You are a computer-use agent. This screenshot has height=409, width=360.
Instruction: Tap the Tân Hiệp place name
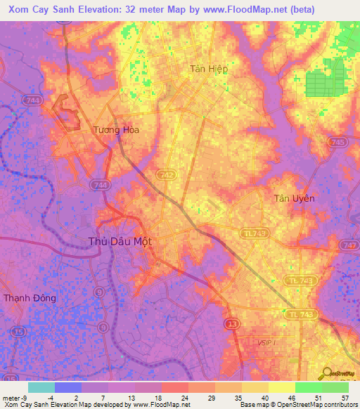pyautogui.click(x=209, y=69)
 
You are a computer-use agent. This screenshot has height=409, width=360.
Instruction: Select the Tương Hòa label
pyautogui.click(x=116, y=129)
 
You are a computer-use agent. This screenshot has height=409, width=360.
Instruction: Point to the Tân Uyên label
pyautogui.click(x=294, y=198)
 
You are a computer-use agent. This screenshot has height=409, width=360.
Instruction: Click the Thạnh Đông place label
pyautogui.click(x=30, y=298)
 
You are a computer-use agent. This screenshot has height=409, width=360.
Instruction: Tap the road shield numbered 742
pyautogui.click(x=166, y=174)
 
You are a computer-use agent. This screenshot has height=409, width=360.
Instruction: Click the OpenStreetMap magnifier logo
pyautogui.click(x=328, y=372)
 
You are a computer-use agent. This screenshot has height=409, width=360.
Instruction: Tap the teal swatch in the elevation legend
pyautogui.click(x=41, y=387)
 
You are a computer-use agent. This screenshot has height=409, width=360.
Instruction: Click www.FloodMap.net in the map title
pyautogui.click(x=246, y=9)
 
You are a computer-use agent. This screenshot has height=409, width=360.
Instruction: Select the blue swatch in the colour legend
pyautogui.click(x=68, y=387)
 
